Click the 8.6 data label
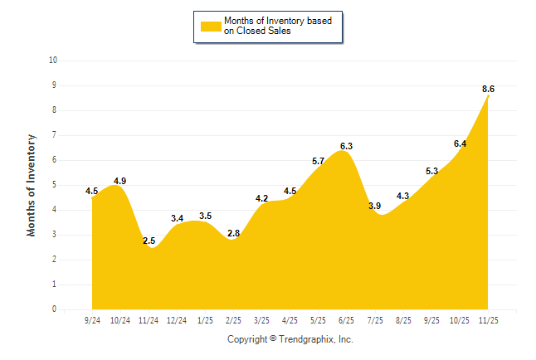(488, 89)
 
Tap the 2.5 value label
(149, 241)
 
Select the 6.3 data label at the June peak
(347, 146)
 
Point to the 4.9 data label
(119, 181)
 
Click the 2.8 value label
(233, 234)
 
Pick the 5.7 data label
(318, 161)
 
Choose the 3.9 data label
(374, 206)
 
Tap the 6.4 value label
(460, 144)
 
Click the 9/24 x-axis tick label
(92, 320)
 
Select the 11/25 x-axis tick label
(489, 320)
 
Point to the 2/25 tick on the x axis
(233, 320)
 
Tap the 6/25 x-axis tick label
(347, 320)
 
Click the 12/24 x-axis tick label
(177, 320)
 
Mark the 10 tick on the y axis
(53, 61)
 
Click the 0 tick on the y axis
(54, 309)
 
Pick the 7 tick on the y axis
(54, 135)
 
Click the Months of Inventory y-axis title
(32, 184)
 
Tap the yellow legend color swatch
(210, 26)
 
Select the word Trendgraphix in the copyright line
(305, 339)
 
